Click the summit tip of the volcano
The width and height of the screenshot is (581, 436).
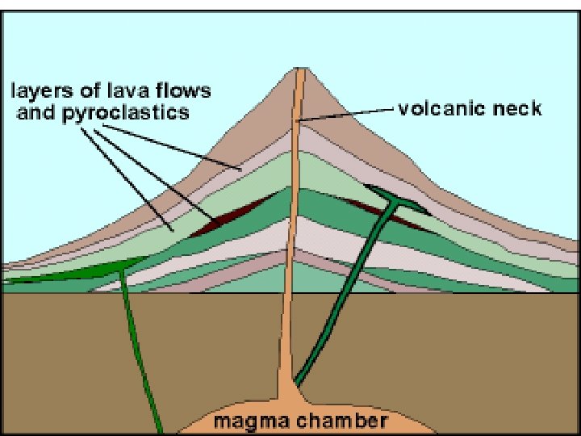click(x=300, y=69)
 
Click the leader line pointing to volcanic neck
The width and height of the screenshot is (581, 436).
click(x=347, y=113)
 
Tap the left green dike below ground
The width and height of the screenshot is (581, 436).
click(x=137, y=347)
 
